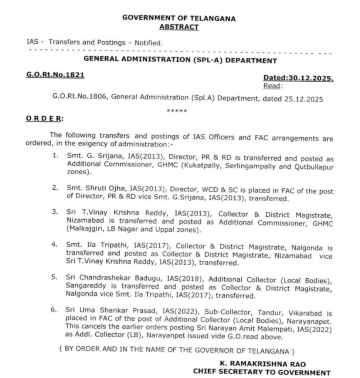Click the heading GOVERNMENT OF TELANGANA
[179, 18]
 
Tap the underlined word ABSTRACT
[179, 27]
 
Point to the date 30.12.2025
[311, 78]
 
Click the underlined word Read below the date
[272, 86]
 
